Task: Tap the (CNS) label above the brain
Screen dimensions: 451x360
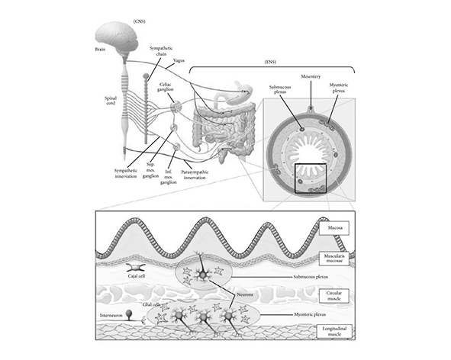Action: click(139, 21)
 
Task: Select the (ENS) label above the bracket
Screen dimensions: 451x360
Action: click(270, 62)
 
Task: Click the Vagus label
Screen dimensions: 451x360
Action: click(179, 61)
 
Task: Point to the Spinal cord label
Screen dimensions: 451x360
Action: click(111, 101)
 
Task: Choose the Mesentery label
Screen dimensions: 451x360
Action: click(311, 76)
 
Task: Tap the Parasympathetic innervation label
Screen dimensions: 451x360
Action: click(195, 175)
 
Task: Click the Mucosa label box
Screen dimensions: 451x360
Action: click(335, 228)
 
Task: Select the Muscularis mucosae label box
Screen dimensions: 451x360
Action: click(335, 259)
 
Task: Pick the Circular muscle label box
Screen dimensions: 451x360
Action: click(334, 296)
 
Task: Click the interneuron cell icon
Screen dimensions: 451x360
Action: click(130, 314)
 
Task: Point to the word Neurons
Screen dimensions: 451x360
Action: click(245, 294)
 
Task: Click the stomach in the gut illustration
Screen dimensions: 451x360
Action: click(240, 93)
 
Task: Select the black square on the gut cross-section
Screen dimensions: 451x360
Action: click(311, 178)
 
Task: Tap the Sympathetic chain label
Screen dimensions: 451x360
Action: click(161, 51)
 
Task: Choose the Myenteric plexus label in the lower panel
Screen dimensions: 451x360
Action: click(310, 314)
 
